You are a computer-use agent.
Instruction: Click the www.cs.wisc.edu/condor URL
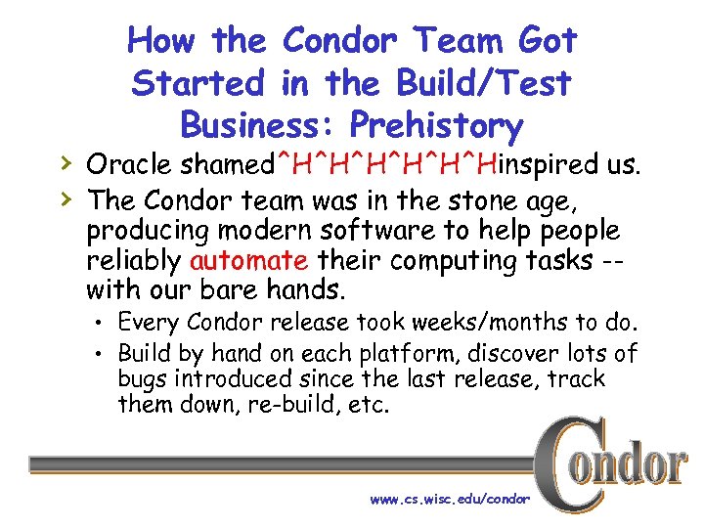(450, 499)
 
